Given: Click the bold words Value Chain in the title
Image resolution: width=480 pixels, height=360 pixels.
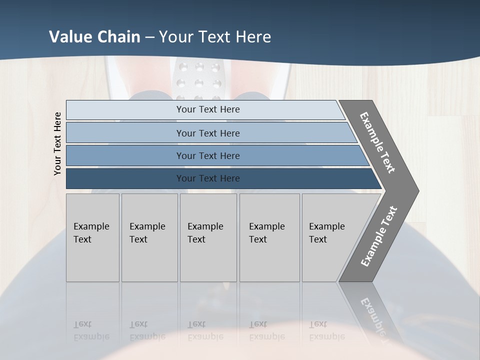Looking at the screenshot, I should pos(94,37).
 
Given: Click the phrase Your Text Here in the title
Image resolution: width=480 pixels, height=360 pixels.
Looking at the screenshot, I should pos(215,37).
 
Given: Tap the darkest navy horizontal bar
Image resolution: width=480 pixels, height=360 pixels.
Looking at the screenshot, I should pos(125,178).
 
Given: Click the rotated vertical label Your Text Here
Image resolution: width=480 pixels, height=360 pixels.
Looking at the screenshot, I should pos(57,143).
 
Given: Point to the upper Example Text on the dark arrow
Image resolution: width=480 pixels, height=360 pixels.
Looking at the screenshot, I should pos(377,142).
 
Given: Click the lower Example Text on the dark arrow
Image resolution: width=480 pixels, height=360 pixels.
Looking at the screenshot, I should pos(378,236).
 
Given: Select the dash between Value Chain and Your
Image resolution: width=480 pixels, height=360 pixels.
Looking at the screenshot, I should pos(149,37).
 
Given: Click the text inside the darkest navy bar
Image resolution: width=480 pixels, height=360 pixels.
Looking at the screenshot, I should pos(208,178).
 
